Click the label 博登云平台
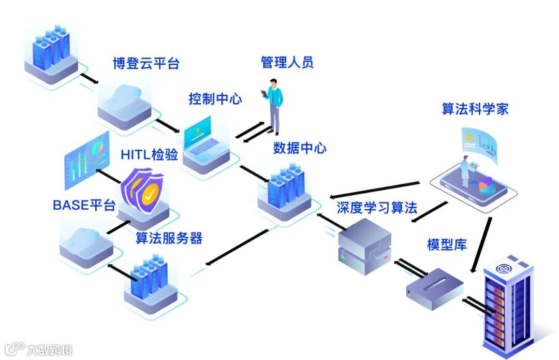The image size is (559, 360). coord(146,64)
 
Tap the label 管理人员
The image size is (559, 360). coord(287,63)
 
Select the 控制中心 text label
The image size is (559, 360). coord(215,98)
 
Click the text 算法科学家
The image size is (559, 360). coord(475,109)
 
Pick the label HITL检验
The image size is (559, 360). coord(149,154)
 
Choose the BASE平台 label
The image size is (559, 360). coord(84,205)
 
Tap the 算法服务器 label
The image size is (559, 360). coord(169,238)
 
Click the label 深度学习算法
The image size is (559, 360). coord(376,208)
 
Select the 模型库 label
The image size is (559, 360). coord(447,244)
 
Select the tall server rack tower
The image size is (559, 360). coord(507,306)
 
